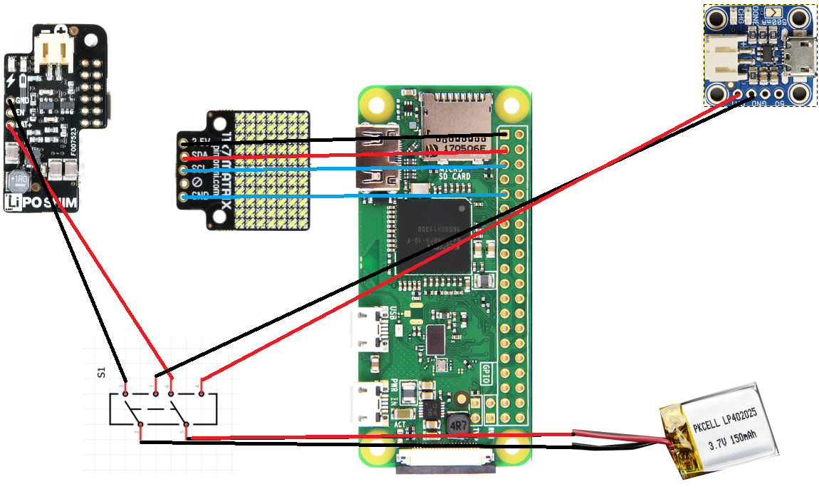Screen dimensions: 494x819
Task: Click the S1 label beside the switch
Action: click(100, 371)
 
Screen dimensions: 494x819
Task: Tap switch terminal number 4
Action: click(202, 392)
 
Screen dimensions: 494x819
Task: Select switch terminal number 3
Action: click(125, 392)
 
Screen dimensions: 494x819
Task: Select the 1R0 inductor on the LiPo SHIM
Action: click(19, 182)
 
